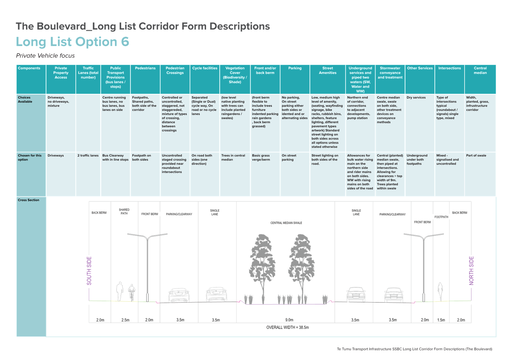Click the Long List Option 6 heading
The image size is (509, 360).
[x=73, y=42]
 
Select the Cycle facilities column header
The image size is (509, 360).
[x=205, y=68]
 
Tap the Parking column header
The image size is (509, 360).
[x=295, y=68]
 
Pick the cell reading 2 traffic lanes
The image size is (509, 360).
[x=88, y=156]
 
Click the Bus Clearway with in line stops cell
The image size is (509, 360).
[x=115, y=157]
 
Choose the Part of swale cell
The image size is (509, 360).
[x=476, y=156]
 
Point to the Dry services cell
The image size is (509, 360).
[x=416, y=97]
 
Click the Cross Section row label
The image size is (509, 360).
[x=28, y=200]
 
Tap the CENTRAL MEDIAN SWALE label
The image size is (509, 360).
[x=286, y=223]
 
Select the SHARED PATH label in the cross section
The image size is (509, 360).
[x=124, y=212]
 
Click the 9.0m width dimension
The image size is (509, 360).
[x=289, y=320]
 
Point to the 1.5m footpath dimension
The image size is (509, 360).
[x=441, y=320]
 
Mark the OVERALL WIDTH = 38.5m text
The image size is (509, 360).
[x=287, y=327]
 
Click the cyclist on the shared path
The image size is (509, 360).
[x=132, y=293]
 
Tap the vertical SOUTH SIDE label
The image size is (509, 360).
[x=89, y=271]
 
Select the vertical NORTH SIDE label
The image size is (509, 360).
[x=471, y=271]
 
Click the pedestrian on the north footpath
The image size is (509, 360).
[x=440, y=292]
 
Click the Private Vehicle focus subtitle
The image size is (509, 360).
[x=45, y=56]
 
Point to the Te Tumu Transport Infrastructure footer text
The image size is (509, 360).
[x=414, y=349]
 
